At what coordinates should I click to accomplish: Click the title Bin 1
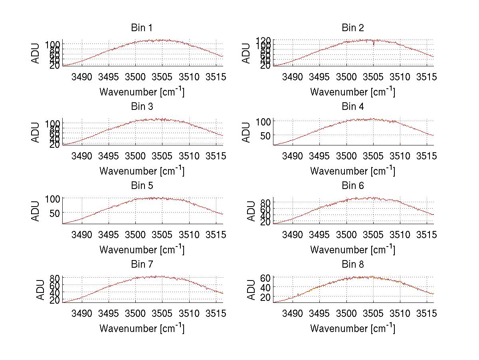(142, 28)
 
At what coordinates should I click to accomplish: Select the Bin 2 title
(353, 28)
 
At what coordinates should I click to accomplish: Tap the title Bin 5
(142, 186)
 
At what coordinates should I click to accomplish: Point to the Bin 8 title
(353, 265)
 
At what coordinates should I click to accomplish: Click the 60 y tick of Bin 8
(266, 277)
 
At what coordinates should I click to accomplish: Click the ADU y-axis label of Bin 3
(36, 132)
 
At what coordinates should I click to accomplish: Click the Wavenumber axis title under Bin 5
(142, 250)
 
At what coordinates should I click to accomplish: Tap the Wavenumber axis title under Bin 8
(353, 328)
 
